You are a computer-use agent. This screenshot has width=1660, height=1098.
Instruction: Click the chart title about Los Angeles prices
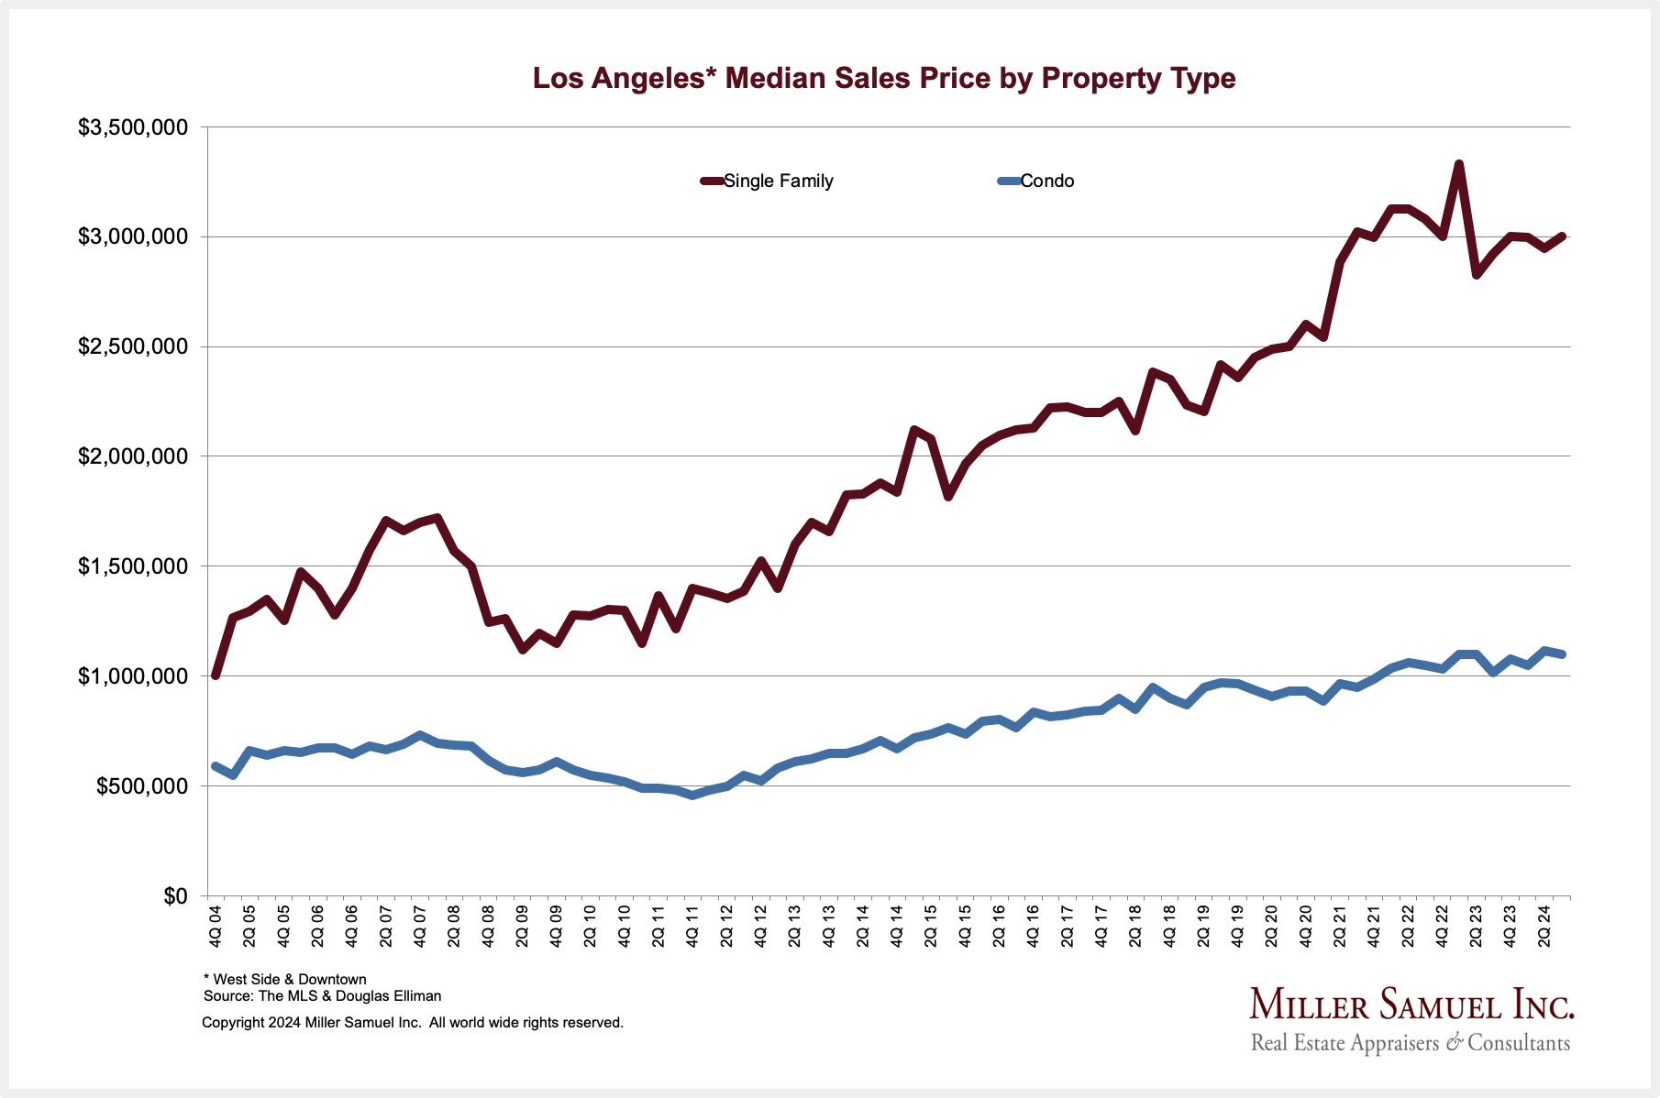pyautogui.click(x=884, y=79)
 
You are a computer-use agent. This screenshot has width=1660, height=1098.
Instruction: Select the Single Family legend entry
pyautogui.click(x=778, y=181)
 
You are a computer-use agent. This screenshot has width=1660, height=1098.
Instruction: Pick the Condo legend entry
pyautogui.click(x=1046, y=181)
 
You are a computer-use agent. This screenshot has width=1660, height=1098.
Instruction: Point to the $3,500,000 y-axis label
pyautogui.click(x=133, y=127)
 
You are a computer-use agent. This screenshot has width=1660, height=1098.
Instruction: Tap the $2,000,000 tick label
pyautogui.click(x=133, y=456)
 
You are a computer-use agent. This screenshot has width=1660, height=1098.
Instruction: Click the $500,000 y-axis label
pyautogui.click(x=141, y=786)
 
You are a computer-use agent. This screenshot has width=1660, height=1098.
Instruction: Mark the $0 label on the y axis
pyautogui.click(x=174, y=896)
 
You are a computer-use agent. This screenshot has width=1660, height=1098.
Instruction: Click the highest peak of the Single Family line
pyautogui.click(x=1458, y=165)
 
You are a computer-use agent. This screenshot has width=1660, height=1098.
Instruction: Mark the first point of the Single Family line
pyautogui.click(x=216, y=675)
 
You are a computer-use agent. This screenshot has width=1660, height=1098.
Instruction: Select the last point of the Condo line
pyautogui.click(x=1562, y=654)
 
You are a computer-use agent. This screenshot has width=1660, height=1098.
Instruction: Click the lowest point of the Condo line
pyautogui.click(x=692, y=796)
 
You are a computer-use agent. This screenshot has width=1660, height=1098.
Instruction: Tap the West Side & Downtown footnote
pyautogui.click(x=284, y=980)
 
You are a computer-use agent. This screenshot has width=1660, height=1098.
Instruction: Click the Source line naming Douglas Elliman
pyautogui.click(x=322, y=996)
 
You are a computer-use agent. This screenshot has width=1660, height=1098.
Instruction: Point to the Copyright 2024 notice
pyautogui.click(x=413, y=1023)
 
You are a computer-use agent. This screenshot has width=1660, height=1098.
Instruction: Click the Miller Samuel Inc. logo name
pyautogui.click(x=1411, y=1005)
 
